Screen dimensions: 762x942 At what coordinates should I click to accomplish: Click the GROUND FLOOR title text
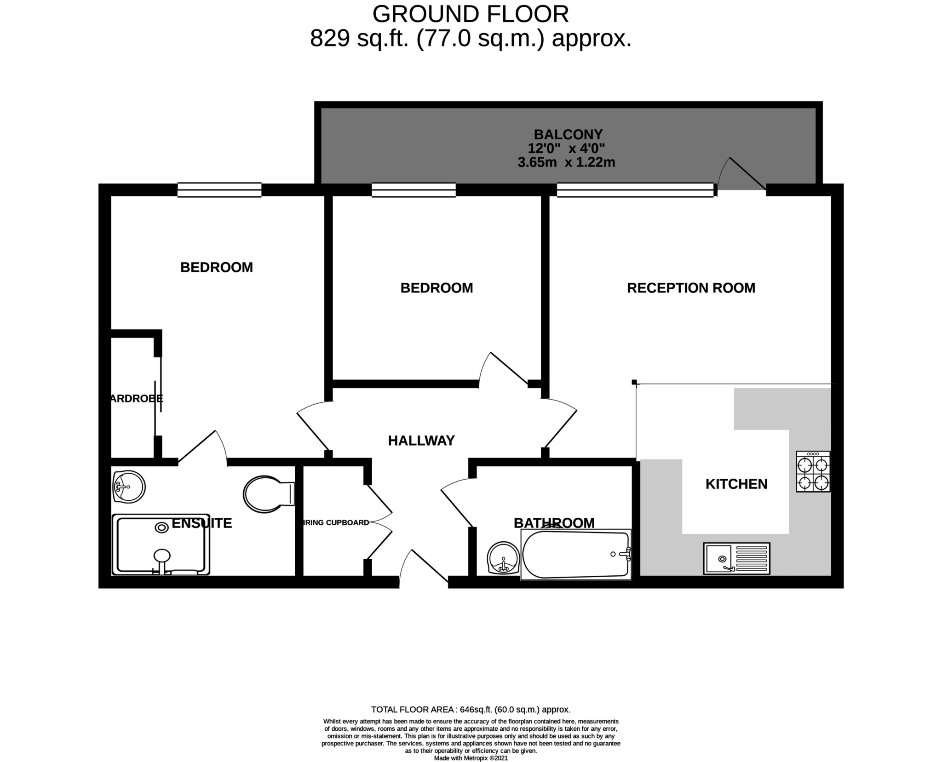[470, 14]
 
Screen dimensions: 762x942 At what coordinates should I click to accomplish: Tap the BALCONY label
[568, 134]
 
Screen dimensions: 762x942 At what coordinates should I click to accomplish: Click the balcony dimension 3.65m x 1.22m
[566, 162]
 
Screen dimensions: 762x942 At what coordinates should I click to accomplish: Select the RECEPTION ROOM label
[691, 288]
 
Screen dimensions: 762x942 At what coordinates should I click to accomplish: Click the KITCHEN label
[736, 484]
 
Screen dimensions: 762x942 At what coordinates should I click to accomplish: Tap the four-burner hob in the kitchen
[813, 471]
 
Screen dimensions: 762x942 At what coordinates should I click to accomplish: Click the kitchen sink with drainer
[736, 558]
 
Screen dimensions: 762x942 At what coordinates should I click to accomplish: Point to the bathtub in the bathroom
[575, 555]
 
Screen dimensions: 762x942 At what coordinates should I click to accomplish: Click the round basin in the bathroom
[503, 558]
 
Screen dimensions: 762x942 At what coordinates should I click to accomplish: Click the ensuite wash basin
[129, 487]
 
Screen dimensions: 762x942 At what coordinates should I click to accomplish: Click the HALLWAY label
[421, 441]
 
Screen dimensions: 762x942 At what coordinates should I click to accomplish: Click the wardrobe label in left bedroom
[136, 398]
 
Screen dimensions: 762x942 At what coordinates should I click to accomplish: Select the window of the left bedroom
[219, 190]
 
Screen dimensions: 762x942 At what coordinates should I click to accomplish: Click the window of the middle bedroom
[413, 190]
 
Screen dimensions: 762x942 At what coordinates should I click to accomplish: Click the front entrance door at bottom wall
[423, 569]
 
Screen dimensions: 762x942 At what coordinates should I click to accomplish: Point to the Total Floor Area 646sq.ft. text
[471, 710]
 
